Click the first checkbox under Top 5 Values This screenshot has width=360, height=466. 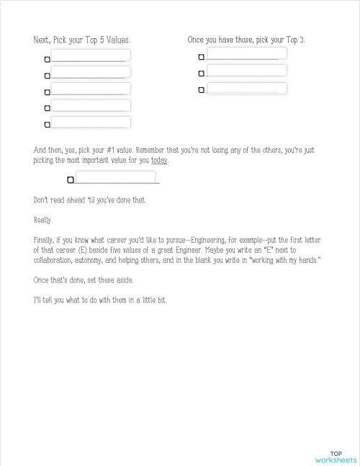click(48, 59)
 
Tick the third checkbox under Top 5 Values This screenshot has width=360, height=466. click(48, 92)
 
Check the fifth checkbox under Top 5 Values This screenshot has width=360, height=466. click(48, 125)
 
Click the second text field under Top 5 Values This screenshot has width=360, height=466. click(91, 71)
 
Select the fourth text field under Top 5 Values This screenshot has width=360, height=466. click(91, 105)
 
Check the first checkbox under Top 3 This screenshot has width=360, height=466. click(201, 57)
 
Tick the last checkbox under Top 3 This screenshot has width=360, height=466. click(201, 90)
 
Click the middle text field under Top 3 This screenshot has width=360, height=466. click(246, 70)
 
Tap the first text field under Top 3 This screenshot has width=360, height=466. click(246, 53)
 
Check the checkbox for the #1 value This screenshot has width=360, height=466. click(71, 180)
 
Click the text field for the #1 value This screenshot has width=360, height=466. click(115, 176)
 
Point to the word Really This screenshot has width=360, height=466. click(42, 220)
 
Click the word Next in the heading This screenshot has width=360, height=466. click(41, 40)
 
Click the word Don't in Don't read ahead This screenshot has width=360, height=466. click(42, 200)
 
